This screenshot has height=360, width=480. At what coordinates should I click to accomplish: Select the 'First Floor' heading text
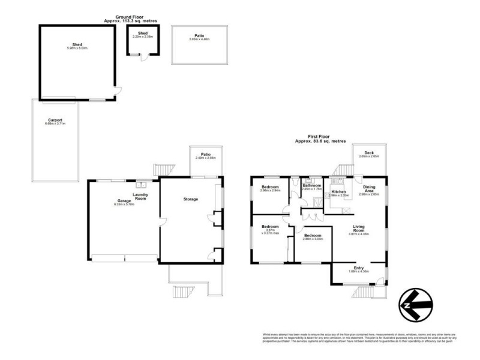tap(317, 137)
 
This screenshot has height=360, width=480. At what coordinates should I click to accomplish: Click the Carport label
tap(55, 120)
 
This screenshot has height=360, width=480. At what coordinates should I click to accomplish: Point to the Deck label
tap(369, 153)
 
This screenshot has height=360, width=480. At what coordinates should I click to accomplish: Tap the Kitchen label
tap(340, 192)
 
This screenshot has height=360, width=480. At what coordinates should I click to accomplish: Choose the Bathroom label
tap(312, 186)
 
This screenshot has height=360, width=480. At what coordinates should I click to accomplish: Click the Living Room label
tap(359, 229)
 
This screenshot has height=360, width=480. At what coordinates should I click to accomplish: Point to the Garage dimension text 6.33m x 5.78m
tap(122, 205)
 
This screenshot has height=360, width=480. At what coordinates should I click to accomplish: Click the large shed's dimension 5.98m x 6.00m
tap(76, 48)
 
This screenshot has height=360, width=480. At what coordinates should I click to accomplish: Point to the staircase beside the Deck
tap(342, 171)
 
